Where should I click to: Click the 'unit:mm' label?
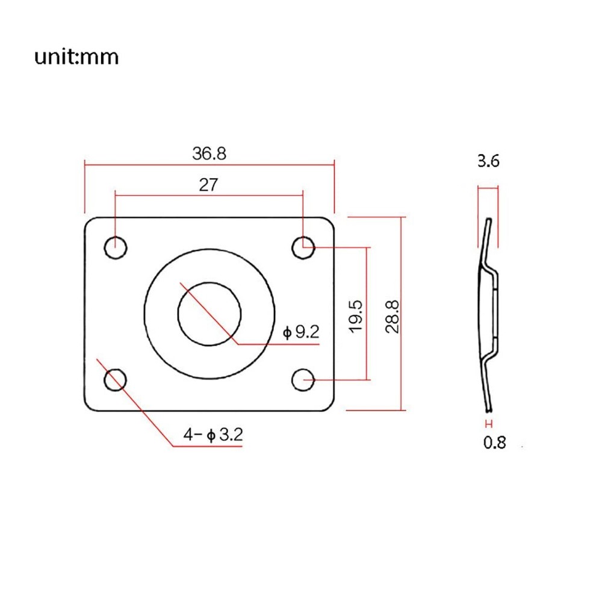point(76,57)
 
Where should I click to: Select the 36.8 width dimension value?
point(209,153)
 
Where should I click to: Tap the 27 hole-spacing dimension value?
point(208,185)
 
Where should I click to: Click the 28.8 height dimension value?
point(393,314)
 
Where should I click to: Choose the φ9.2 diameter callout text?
point(301,332)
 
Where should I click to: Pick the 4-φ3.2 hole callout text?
point(213,435)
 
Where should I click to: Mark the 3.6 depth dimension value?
point(488,161)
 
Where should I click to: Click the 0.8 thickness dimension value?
point(494,443)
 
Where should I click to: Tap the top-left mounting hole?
point(116,247)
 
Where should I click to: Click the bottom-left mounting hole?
point(116,380)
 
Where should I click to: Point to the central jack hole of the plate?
point(209,313)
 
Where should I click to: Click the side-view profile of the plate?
point(489,313)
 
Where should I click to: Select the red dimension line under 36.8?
point(209,164)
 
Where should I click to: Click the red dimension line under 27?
point(209,195)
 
